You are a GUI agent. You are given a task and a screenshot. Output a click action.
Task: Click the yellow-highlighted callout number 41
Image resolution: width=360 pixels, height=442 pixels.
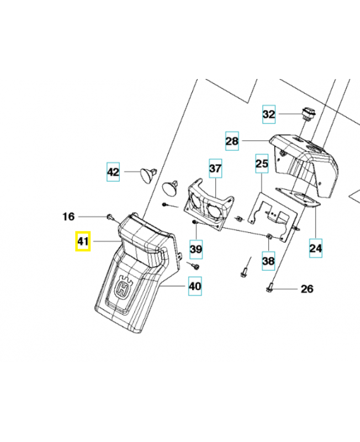pos(83,241)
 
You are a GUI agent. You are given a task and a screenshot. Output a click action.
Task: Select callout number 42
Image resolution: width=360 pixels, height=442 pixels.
pos(113,172)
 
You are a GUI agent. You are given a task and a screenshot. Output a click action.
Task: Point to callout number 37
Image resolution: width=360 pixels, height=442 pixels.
pos(215,168)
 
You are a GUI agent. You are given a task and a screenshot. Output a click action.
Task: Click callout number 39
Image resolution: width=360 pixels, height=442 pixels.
pos(196,249)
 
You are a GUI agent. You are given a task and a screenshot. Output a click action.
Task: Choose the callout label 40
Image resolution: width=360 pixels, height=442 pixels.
pos(195,287)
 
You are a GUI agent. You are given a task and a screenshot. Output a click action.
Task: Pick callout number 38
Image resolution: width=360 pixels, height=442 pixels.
pos(268,260)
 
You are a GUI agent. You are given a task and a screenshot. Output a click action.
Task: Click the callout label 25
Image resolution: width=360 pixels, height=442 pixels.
pos(261,164)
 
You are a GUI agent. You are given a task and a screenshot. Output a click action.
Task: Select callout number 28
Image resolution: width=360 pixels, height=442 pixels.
pos(232,141)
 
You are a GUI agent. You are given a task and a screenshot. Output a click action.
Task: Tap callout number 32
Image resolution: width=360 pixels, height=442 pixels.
pos(268,115)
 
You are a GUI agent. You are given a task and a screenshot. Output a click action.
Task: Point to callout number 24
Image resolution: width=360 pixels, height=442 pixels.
pos(315,249)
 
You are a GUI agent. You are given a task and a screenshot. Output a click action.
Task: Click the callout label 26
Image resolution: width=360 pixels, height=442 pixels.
pos(306,288)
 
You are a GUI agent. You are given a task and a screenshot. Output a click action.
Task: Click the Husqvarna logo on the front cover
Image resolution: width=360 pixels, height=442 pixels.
pos(125,288)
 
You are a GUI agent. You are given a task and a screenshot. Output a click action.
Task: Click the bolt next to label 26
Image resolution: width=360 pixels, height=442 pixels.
pos(269,287)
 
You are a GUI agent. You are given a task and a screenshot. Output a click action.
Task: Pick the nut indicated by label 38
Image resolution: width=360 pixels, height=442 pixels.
pos(268,237)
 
